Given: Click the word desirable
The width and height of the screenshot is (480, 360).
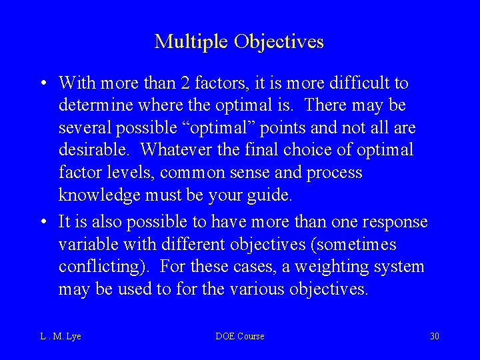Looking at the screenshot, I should (x=95, y=149).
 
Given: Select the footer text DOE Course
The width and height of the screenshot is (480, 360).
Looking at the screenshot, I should (x=240, y=336).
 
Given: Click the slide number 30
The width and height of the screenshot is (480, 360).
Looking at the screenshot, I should (x=435, y=336).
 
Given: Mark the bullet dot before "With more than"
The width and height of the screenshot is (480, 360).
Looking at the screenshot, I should (x=42, y=84).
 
